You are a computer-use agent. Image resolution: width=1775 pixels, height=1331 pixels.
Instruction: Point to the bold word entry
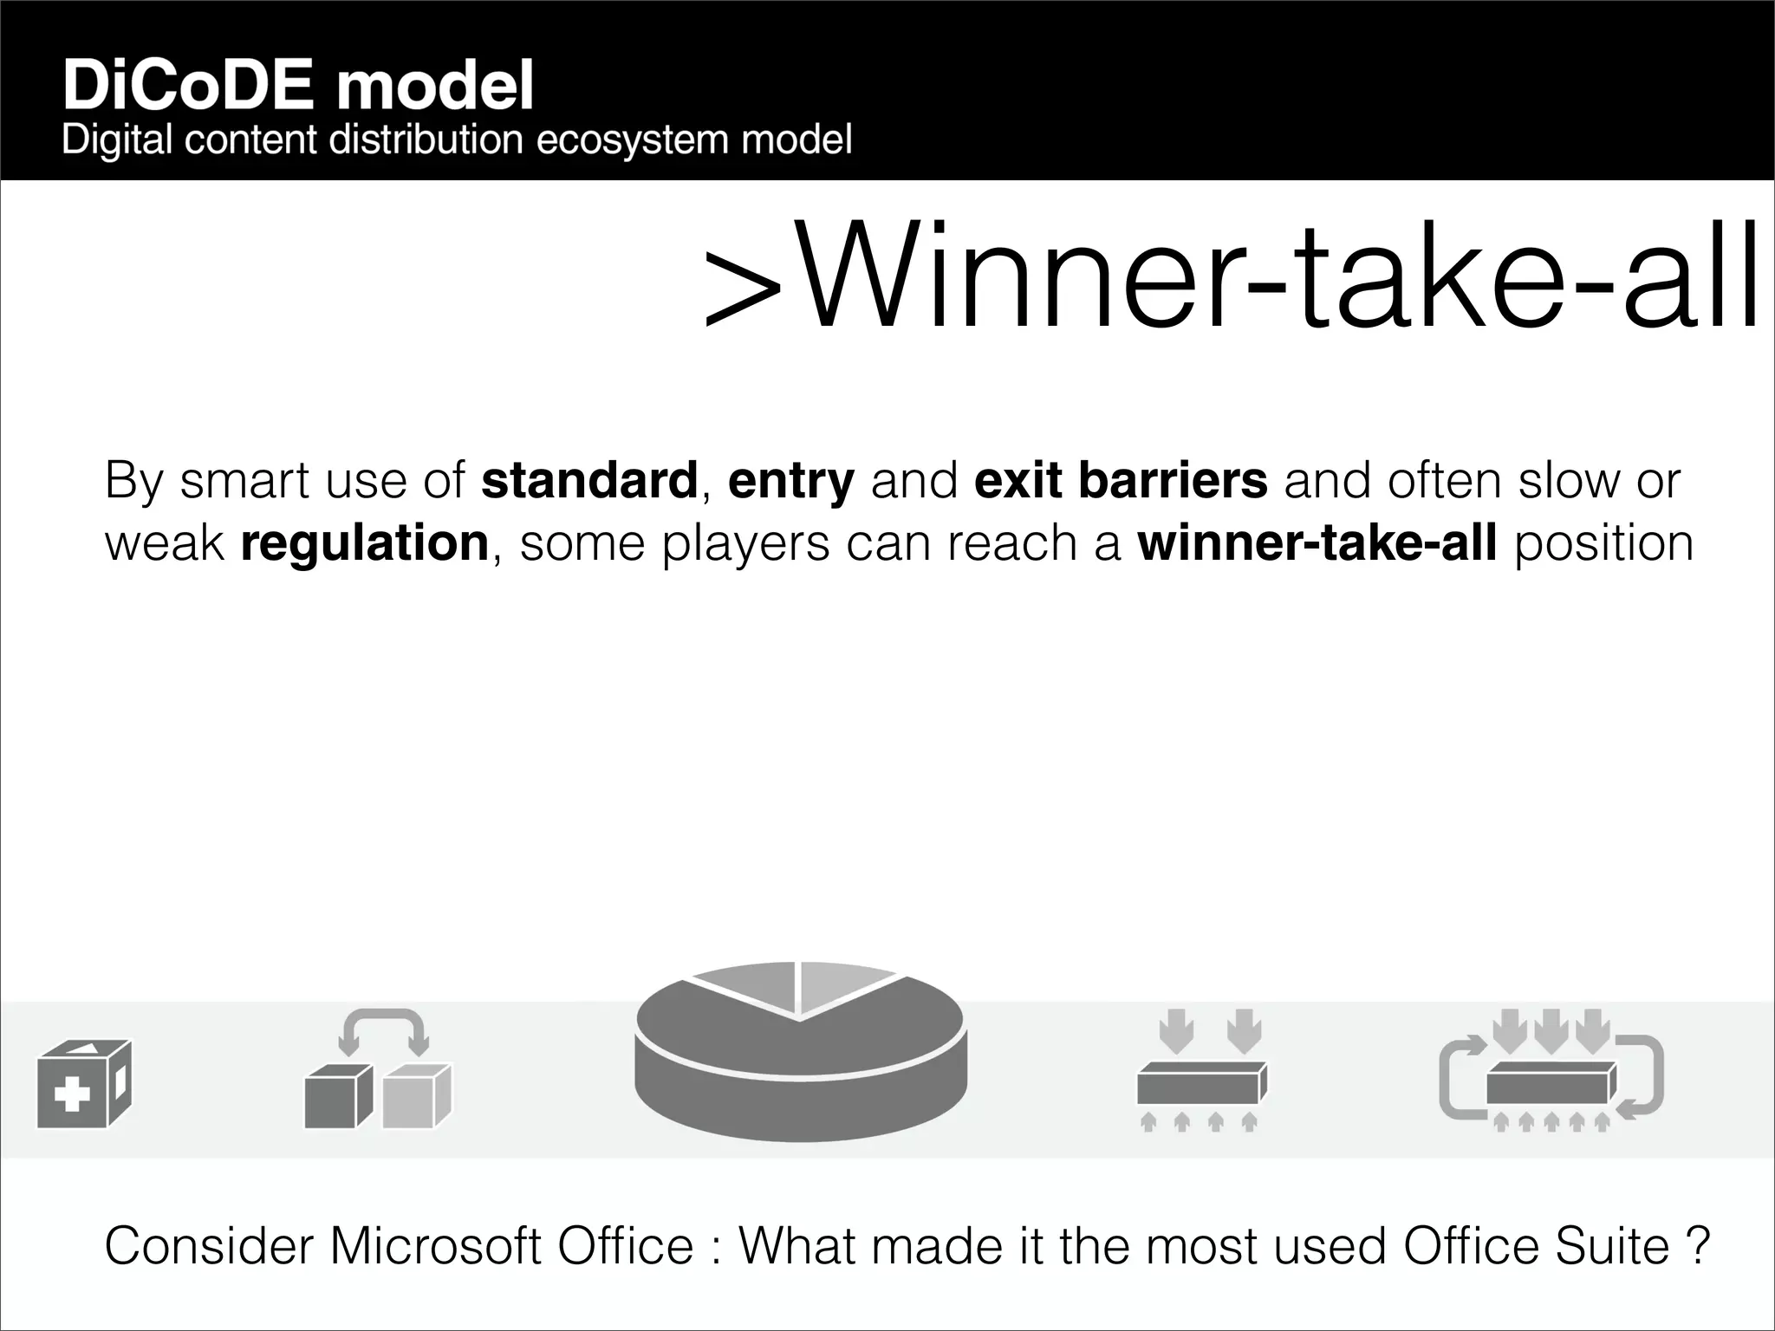790,482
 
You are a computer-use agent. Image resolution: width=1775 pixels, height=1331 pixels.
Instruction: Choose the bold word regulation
365,543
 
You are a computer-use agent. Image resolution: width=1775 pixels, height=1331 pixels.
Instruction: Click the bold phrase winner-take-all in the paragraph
1317,542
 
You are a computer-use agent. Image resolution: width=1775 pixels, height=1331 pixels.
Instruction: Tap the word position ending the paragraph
1603,544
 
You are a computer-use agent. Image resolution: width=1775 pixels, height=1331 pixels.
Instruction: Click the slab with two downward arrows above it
1201,1083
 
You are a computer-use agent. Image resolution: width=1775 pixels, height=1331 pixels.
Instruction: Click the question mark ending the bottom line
1699,1246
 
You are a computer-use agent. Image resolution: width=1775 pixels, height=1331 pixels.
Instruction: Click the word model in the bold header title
434,87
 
